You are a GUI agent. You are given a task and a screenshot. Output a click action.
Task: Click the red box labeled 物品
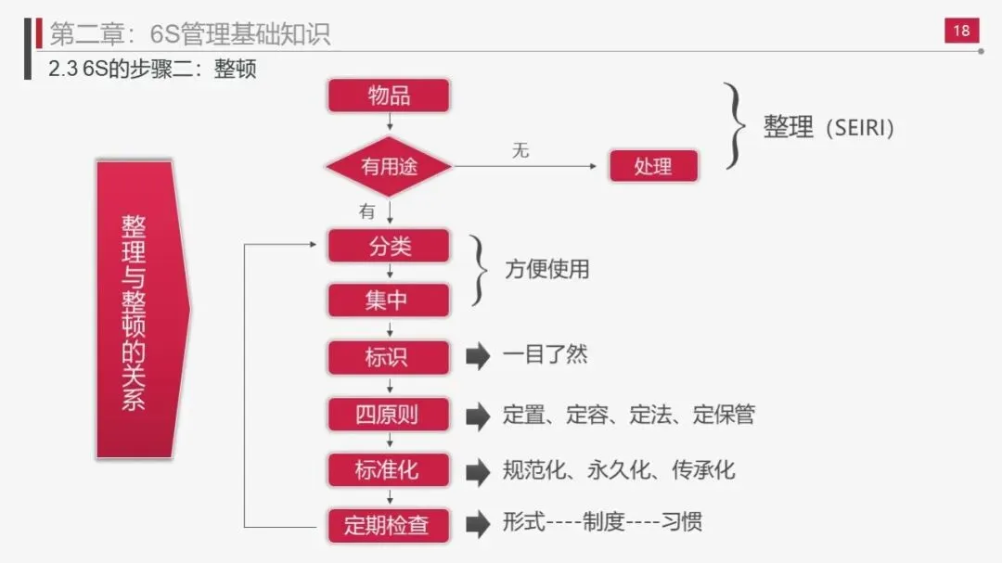coord(389,96)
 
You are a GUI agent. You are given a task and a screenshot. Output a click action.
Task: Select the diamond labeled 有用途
coord(389,167)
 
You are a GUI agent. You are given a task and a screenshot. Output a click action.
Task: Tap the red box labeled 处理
coord(652,167)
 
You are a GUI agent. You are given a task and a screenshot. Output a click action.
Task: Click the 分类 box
coord(389,247)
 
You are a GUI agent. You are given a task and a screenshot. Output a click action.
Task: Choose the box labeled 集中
coord(389,301)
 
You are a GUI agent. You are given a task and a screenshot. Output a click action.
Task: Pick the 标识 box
coord(389,357)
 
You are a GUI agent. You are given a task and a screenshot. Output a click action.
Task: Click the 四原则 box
coord(389,415)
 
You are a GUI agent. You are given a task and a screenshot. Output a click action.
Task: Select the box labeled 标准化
coord(389,469)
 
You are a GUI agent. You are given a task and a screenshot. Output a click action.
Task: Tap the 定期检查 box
coord(389,525)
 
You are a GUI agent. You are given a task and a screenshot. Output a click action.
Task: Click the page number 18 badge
coord(961,31)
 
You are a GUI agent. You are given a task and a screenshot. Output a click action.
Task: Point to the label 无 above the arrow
coord(520,150)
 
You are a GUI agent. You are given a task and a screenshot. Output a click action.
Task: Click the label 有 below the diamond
coord(367,211)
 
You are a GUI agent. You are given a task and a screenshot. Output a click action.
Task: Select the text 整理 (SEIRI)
coord(829,127)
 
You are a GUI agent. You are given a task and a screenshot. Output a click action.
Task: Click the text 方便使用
coord(547,270)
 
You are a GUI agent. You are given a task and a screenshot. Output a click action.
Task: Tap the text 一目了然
coord(545,354)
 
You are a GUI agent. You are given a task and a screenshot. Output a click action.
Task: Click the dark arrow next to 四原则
coord(477,416)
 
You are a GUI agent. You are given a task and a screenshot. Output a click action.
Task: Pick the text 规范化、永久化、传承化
coord(618,469)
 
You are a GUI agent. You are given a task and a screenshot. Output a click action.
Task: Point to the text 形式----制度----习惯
coord(602,522)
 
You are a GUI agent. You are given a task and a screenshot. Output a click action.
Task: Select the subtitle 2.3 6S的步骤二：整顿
coord(152,69)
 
